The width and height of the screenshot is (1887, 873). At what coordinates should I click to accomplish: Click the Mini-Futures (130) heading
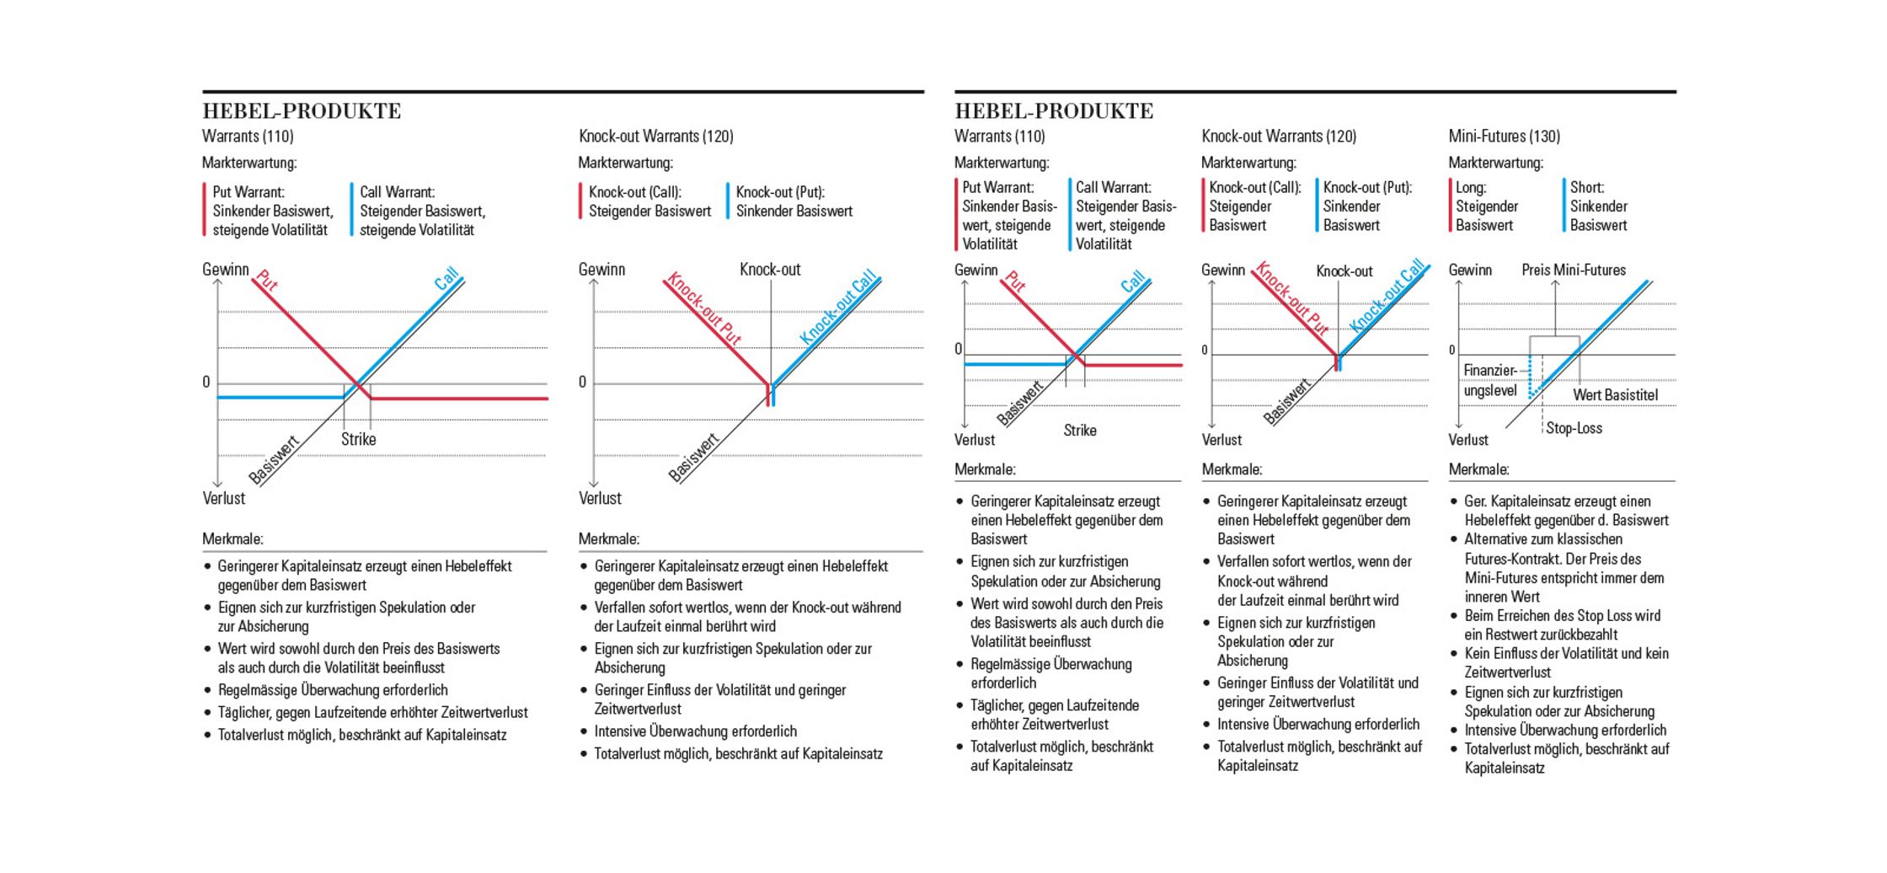point(1504,137)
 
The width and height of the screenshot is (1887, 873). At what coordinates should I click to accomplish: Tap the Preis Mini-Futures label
point(1573,270)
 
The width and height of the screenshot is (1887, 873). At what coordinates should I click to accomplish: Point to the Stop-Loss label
point(1574,428)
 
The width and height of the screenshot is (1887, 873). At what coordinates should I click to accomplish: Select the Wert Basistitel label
point(1615,395)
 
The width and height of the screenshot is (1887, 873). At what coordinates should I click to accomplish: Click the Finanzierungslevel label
point(1489,381)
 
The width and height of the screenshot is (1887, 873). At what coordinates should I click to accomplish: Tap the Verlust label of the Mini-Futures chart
point(1468,440)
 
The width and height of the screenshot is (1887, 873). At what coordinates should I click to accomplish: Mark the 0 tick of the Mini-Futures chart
point(1451,351)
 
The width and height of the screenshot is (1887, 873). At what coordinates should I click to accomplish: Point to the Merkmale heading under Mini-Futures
point(1478,469)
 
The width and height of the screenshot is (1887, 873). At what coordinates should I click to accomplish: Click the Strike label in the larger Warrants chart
point(358,439)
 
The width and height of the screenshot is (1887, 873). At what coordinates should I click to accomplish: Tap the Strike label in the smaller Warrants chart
point(1079,431)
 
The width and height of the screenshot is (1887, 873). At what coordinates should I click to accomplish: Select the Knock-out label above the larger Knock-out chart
point(770,270)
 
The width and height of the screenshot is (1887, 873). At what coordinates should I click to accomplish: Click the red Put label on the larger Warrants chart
point(267,280)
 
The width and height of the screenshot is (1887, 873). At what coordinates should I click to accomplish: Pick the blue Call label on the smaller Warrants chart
point(1133,281)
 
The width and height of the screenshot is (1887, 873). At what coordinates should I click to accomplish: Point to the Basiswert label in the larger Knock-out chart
point(693,458)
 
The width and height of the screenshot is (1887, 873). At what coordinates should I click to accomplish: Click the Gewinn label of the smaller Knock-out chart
point(1222,270)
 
